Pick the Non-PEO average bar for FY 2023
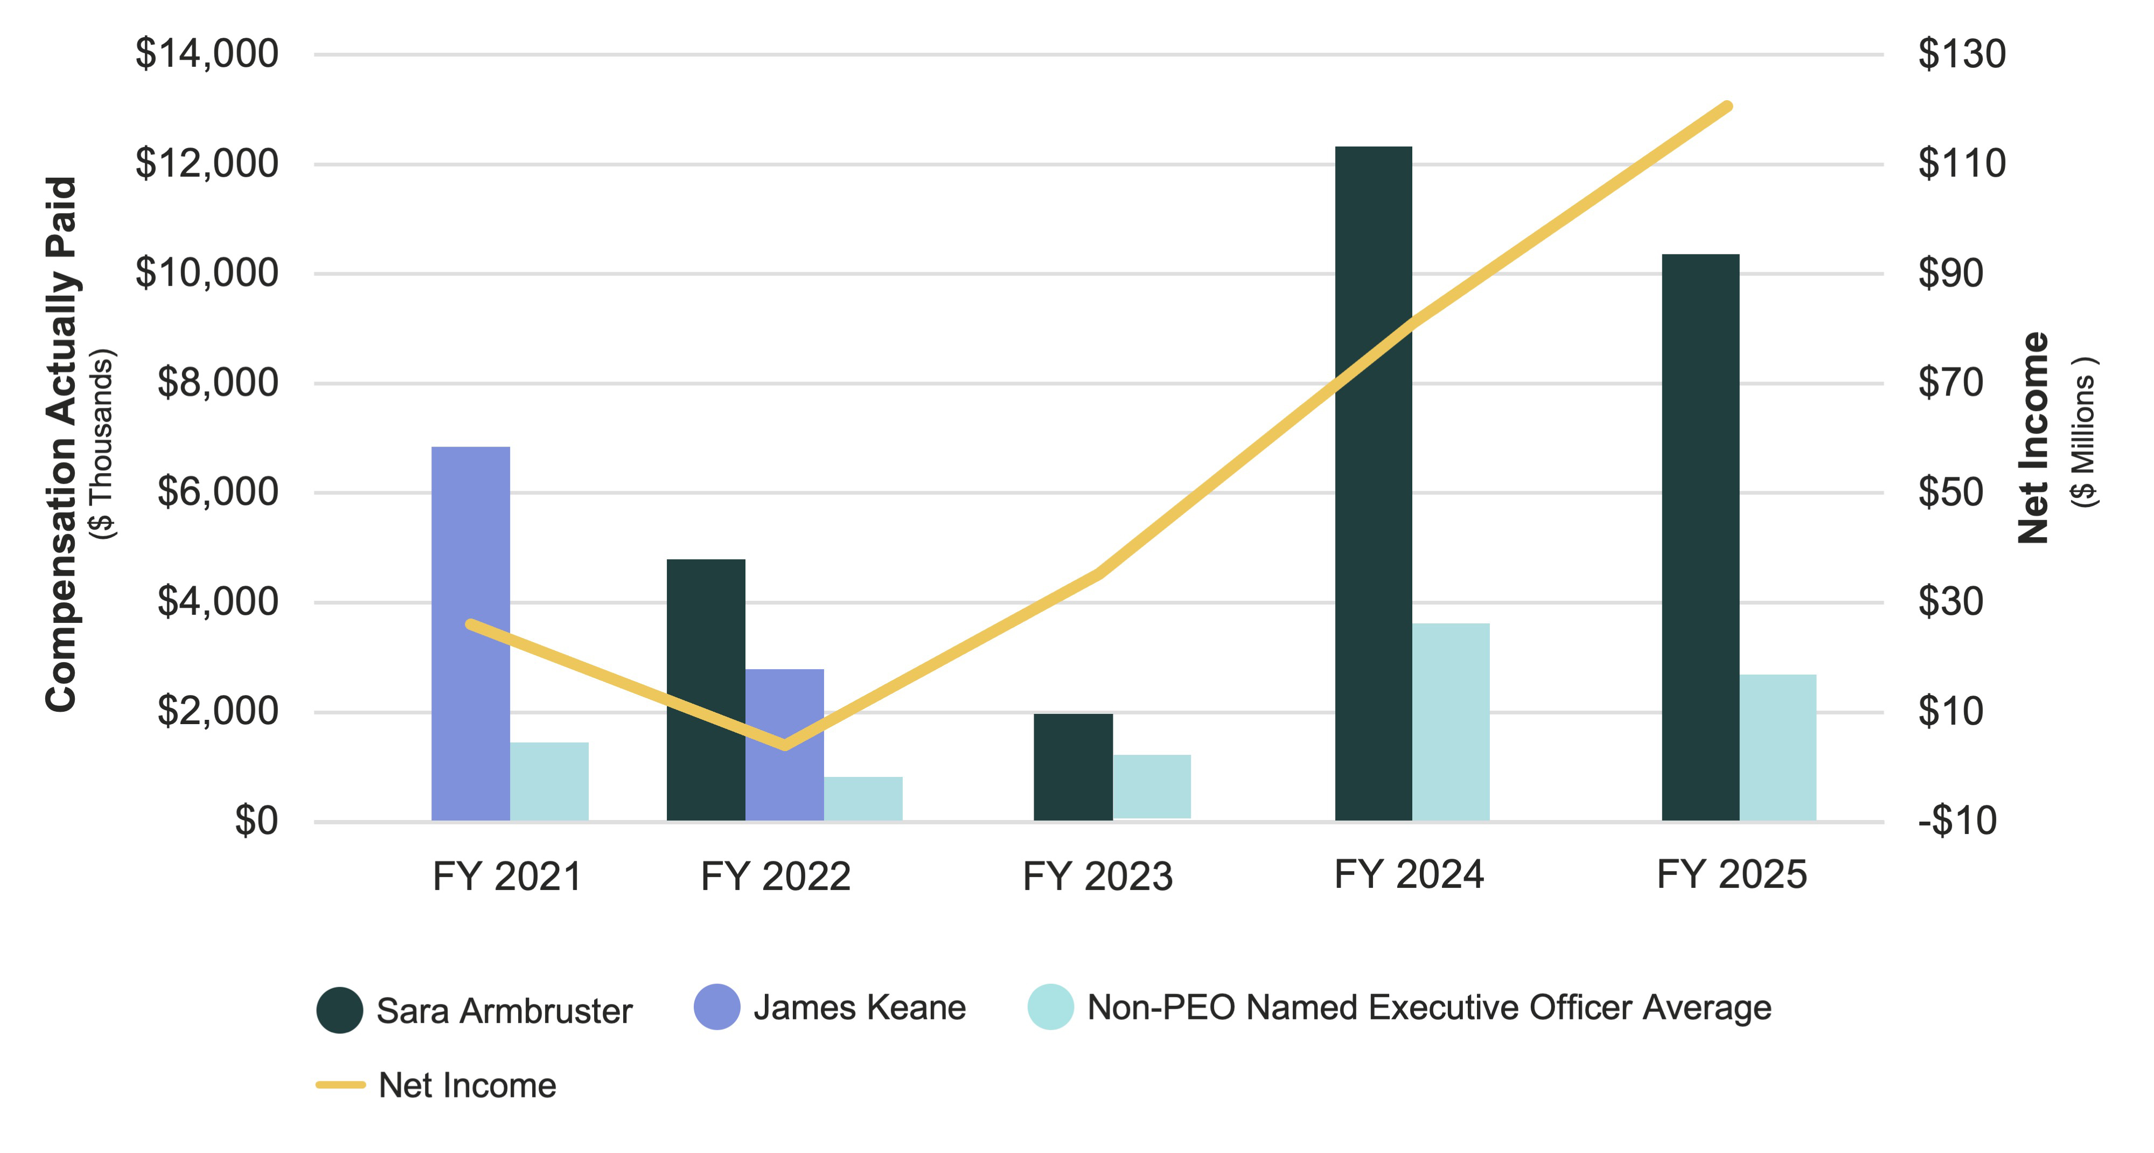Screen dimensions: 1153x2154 pos(1152,787)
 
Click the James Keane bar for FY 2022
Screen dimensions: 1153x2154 pos(784,744)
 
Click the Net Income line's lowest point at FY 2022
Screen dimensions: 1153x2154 pos(784,744)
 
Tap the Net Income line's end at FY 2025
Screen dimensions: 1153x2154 pos(1727,106)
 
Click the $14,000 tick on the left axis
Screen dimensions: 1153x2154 pos(206,53)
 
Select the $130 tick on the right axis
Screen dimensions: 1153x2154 pos(1961,53)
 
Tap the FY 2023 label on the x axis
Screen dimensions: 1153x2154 pos(1097,876)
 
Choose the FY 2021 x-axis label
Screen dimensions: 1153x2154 pos(507,876)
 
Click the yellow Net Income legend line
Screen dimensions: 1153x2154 pos(340,1085)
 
